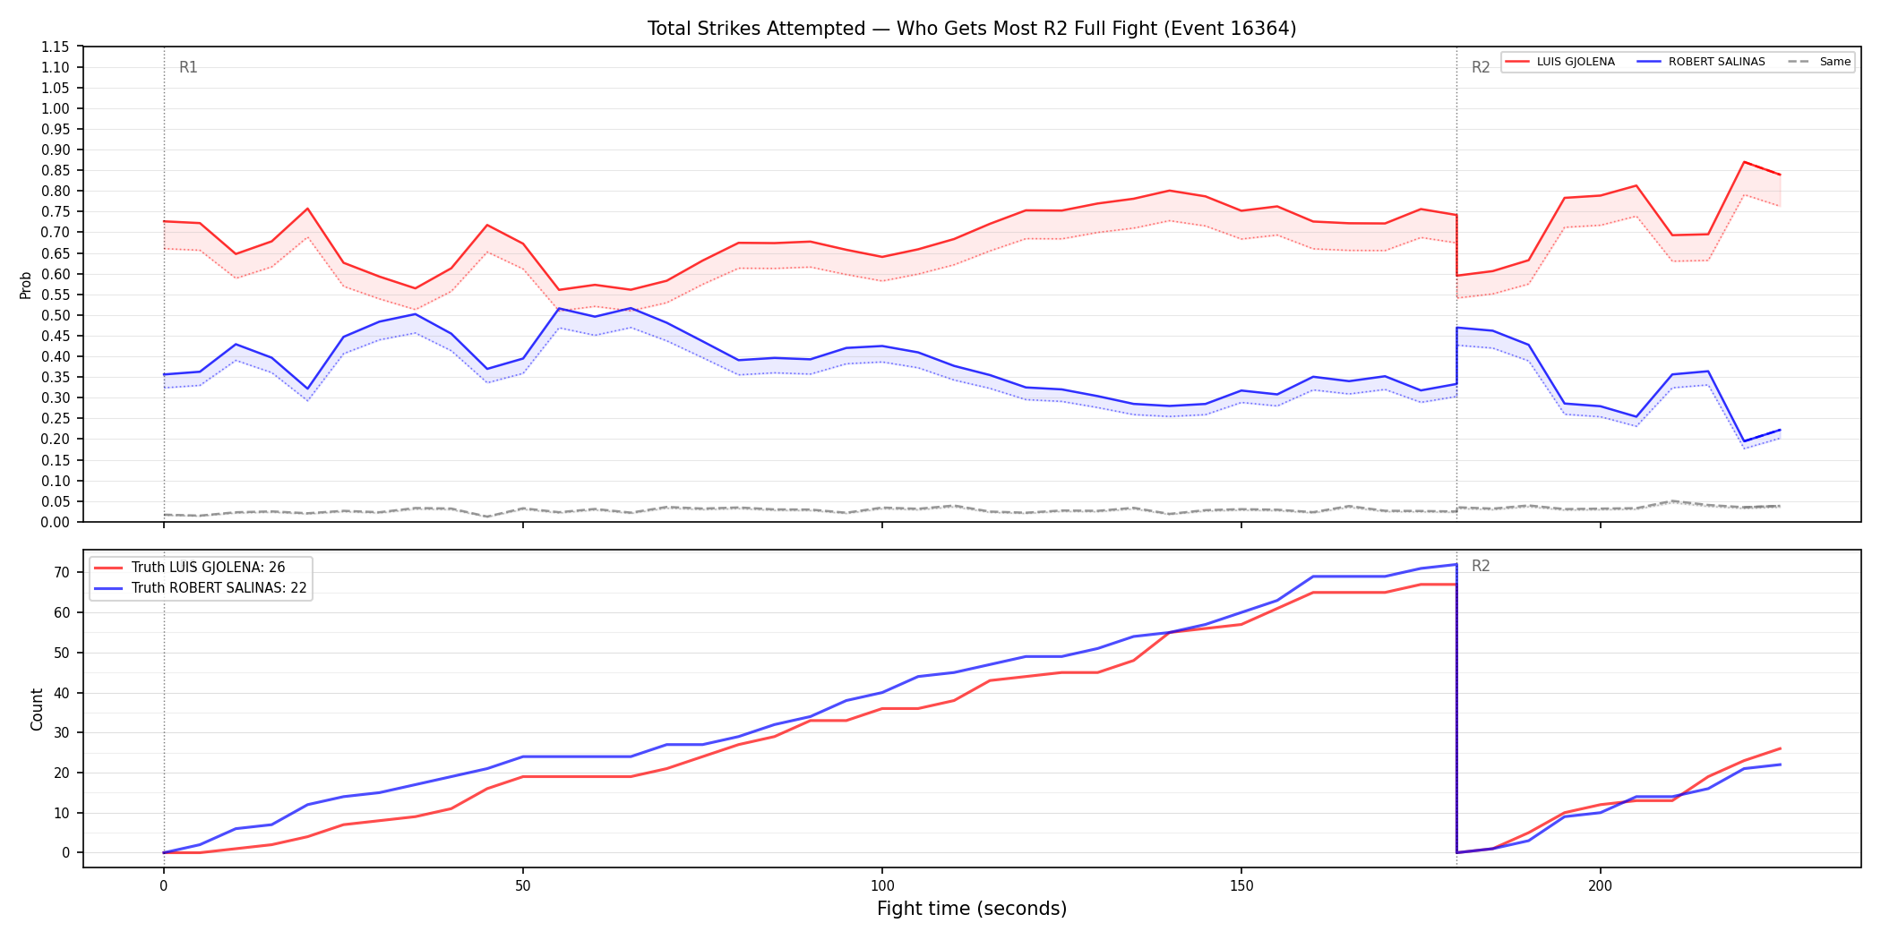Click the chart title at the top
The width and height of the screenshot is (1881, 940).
pos(972,29)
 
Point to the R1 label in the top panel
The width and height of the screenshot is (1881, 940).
pos(188,67)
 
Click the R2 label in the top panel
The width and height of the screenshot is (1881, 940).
pos(1481,67)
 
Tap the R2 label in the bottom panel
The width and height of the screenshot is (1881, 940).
pos(1481,566)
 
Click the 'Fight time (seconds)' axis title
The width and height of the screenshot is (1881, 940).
pos(972,909)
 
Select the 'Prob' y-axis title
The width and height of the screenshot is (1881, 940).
pos(26,285)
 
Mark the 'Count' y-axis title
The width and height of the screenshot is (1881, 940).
pos(37,709)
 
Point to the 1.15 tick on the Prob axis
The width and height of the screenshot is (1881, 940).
pos(56,47)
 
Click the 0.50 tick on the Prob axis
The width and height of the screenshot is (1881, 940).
pos(56,315)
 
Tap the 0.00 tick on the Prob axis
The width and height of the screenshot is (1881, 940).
pos(56,522)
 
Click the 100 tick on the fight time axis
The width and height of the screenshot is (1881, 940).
pos(882,886)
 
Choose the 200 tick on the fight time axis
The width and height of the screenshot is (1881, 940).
pos(1601,886)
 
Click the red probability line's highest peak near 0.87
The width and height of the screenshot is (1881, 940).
pos(1744,162)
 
